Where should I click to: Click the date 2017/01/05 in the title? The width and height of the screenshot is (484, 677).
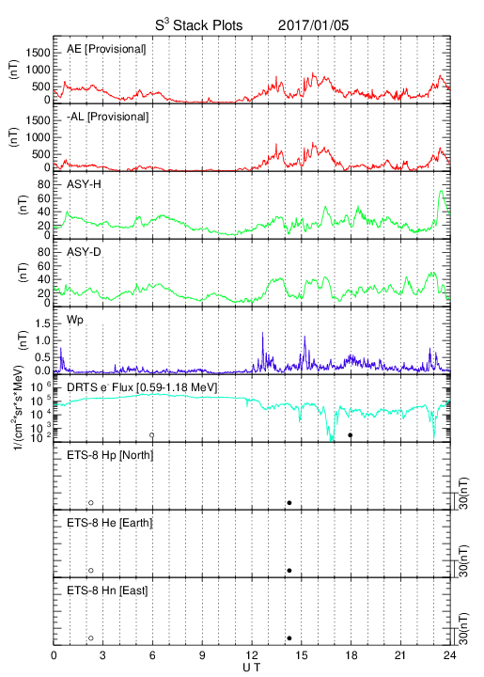(313, 25)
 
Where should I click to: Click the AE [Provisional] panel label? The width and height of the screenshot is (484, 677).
(106, 49)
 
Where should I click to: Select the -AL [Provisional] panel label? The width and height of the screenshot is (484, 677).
(107, 117)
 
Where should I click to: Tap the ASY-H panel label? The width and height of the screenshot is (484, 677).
(84, 184)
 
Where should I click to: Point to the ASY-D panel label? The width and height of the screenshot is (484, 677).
(84, 252)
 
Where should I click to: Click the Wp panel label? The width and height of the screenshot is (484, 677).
(74, 321)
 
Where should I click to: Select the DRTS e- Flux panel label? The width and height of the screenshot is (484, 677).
(142, 387)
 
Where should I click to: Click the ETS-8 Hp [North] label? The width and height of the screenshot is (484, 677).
(110, 455)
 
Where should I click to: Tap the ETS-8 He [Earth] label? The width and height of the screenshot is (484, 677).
(110, 523)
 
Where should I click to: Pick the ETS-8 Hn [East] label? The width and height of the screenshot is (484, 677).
(107, 590)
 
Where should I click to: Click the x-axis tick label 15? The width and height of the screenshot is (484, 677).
(302, 655)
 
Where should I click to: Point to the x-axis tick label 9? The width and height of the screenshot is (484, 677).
(202, 655)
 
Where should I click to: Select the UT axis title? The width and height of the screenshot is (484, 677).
(252, 668)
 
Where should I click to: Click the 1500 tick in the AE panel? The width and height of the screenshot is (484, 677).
(38, 53)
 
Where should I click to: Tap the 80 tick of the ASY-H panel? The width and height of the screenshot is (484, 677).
(44, 185)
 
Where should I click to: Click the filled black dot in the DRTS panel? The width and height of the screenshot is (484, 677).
(351, 435)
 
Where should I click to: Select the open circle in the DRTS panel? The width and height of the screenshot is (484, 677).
(152, 435)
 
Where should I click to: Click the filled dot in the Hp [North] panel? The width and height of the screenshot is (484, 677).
(289, 502)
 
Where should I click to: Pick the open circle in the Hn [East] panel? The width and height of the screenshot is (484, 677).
(91, 638)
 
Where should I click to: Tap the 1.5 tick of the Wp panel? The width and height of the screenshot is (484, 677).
(42, 323)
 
